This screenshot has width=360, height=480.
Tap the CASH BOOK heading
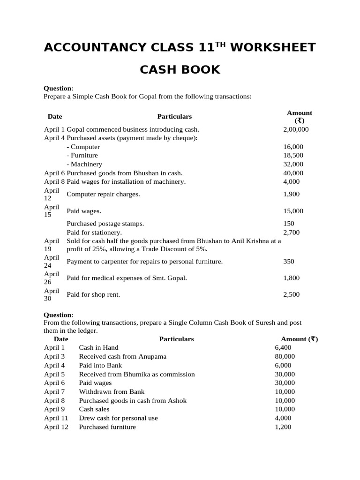tap(180, 70)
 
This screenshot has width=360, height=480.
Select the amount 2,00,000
tap(296, 129)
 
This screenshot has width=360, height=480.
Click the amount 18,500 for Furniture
tap(293, 155)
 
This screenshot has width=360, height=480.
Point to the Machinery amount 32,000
tap(293, 164)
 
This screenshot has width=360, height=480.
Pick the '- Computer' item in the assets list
tap(83, 147)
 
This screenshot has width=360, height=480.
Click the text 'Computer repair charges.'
tap(103, 194)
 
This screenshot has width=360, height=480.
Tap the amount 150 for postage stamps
tap(289, 224)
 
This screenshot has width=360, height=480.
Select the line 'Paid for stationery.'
tap(94, 232)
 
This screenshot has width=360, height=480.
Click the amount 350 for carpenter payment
tap(289, 261)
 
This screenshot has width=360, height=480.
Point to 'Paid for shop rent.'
tap(93, 294)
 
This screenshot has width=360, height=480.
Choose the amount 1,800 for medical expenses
tap(291, 278)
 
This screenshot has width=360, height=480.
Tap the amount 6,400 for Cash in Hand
tap(283, 347)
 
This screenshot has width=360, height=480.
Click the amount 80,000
tap(285, 356)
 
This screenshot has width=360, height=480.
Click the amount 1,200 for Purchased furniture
tap(283, 427)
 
